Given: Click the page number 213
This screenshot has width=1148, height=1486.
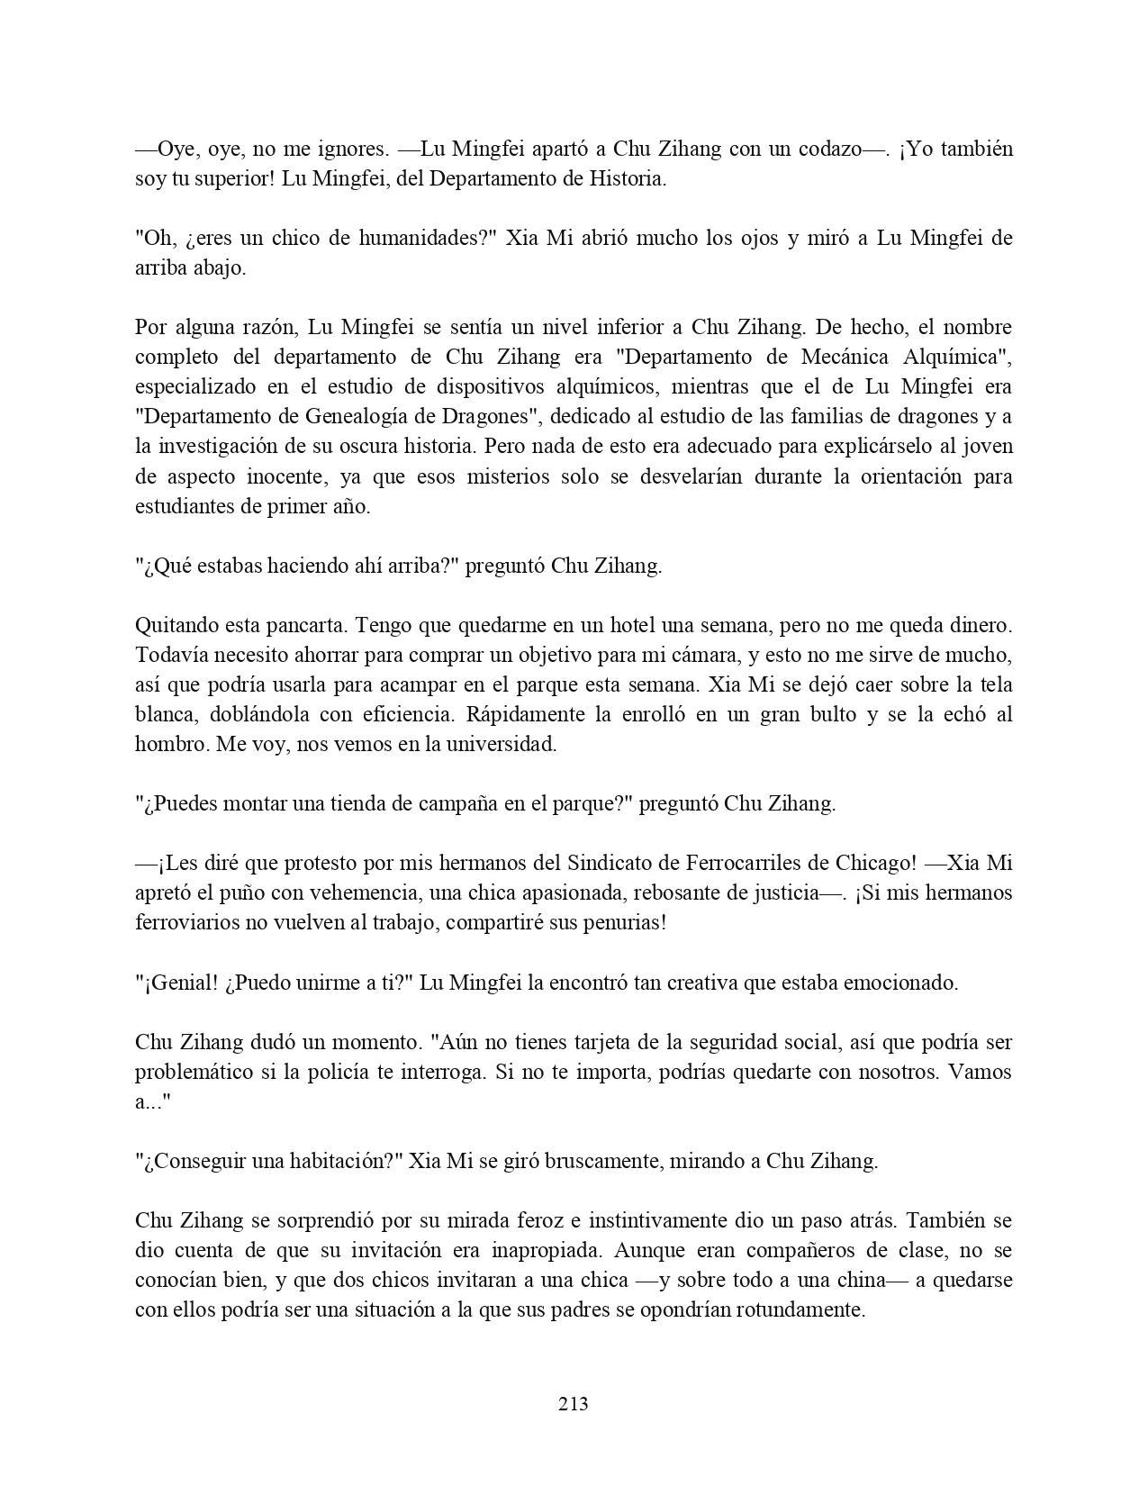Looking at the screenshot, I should (x=574, y=1403).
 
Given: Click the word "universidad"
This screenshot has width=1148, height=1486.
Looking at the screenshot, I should (x=505, y=744).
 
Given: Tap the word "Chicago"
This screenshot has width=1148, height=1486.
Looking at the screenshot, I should (x=873, y=863).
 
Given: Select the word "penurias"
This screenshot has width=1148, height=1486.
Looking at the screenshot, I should (x=620, y=922).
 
